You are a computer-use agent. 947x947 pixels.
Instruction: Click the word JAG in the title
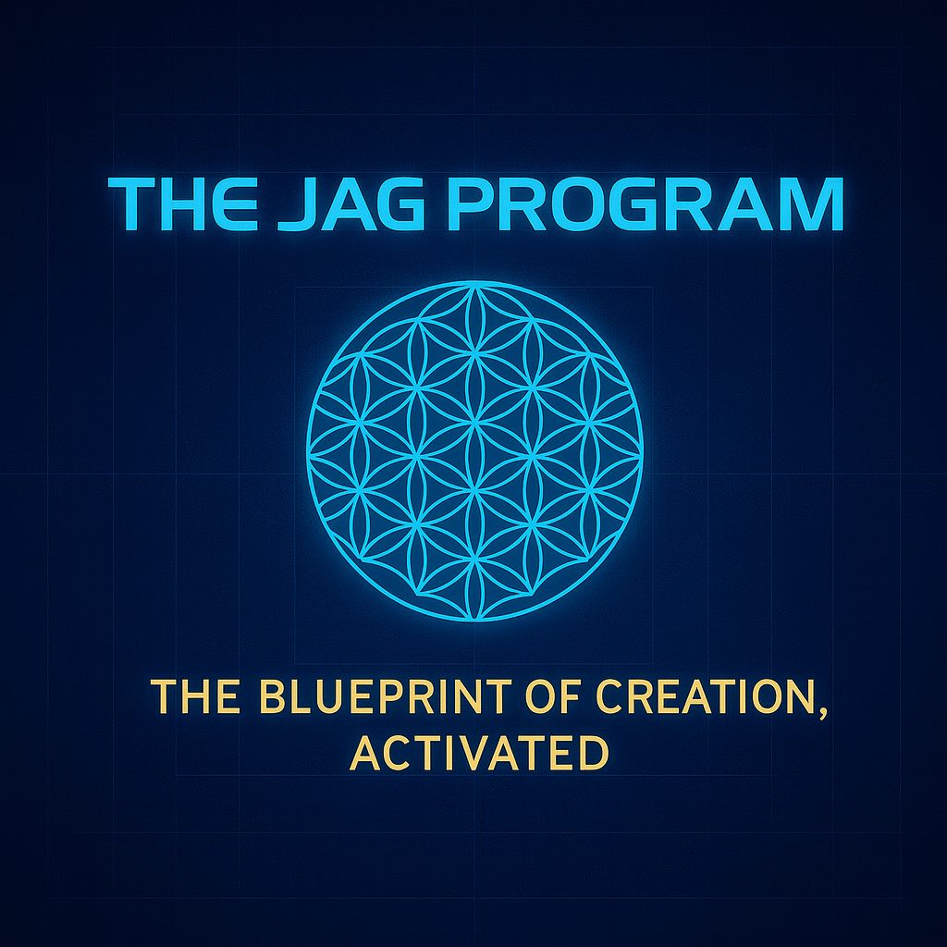(349, 204)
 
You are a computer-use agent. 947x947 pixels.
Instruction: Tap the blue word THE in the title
(183, 204)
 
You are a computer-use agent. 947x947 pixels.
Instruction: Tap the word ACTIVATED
(480, 753)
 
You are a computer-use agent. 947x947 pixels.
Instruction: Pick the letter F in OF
(570, 696)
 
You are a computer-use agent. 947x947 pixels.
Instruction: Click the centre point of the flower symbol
(474, 451)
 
